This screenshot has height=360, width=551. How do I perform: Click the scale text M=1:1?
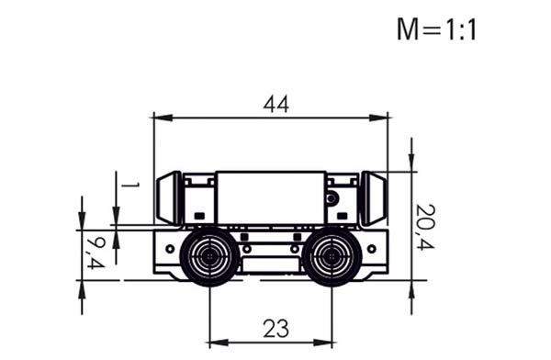[x=436, y=29]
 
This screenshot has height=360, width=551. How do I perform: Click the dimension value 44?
[x=276, y=105]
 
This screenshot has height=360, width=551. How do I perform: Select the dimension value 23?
[x=276, y=329]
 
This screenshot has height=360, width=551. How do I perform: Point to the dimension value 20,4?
[x=425, y=227]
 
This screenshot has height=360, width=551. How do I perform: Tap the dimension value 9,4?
[x=96, y=253]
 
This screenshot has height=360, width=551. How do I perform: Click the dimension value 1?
[x=129, y=185]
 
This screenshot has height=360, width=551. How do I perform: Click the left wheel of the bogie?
[x=209, y=256]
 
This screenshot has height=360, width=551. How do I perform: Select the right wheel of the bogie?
[x=332, y=256]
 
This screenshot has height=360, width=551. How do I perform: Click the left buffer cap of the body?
[x=169, y=198]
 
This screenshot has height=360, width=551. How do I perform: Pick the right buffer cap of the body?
[x=374, y=198]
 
